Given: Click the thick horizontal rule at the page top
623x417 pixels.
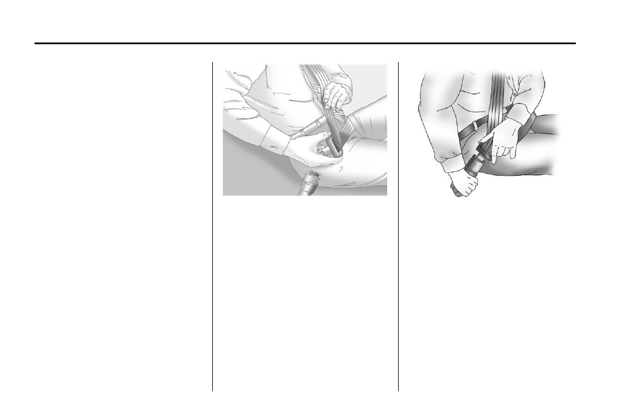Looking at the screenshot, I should click(305, 43).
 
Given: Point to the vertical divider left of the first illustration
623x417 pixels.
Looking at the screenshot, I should click(213, 230).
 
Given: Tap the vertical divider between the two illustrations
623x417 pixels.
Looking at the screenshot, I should click(398, 230).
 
